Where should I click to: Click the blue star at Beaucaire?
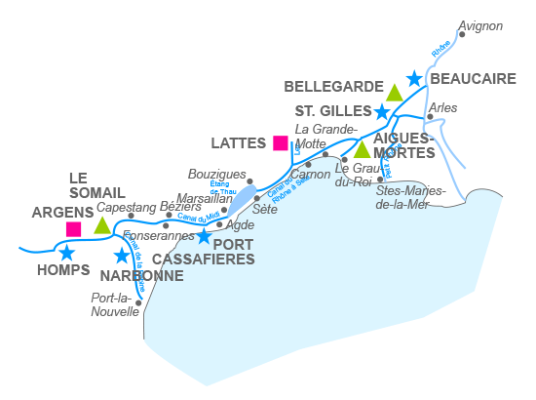pyautogui.click(x=414, y=78)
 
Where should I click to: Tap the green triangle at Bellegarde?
pyautogui.click(x=394, y=93)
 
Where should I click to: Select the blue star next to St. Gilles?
pyautogui.click(x=382, y=112)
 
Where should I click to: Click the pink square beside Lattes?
pyautogui.click(x=281, y=143)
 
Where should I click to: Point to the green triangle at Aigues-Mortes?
pyautogui.click(x=362, y=149)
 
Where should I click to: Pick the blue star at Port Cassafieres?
pyautogui.click(x=203, y=236)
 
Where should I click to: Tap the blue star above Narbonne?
pyautogui.click(x=122, y=256)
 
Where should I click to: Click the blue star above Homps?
pyautogui.click(x=66, y=253)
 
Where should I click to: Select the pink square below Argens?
pyautogui.click(x=73, y=229)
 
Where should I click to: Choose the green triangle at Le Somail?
pyautogui.click(x=102, y=224)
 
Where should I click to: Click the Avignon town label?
pyautogui.click(x=480, y=26)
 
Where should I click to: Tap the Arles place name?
pyautogui.click(x=442, y=107)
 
